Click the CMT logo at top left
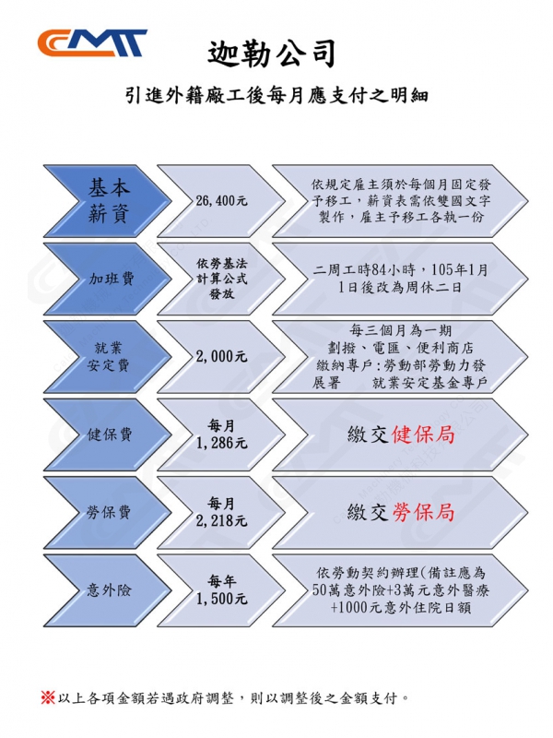pos(91,42)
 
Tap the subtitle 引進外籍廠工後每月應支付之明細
pos(277,96)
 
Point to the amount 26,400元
pos(221,200)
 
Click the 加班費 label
pos(111,279)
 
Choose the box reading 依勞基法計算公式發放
pos(221,279)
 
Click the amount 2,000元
pos(221,356)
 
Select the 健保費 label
pos(111,434)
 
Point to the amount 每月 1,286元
pos(221,434)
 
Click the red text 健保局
pos(423,434)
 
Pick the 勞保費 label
pos(111,512)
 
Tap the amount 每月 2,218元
pos(221,512)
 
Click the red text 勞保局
pos(423,512)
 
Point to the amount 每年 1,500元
pos(221,589)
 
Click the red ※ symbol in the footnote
pos(48,696)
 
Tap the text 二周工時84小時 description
pos(401,279)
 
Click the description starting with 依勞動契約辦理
pos(401,589)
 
